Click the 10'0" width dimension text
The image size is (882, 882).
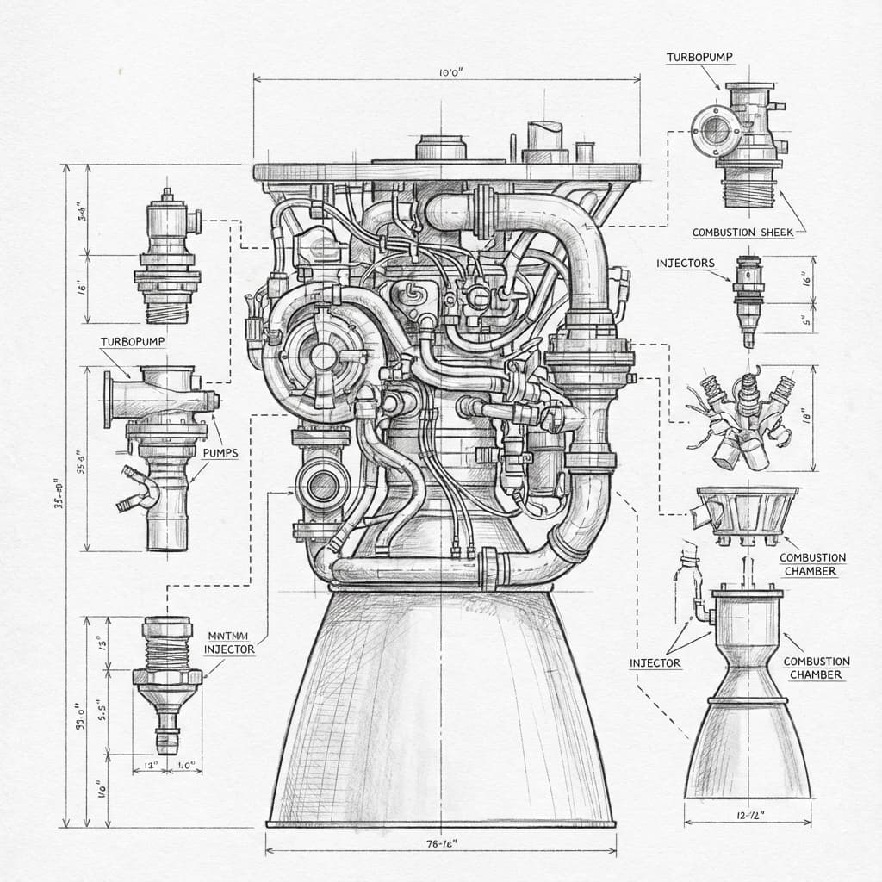451,74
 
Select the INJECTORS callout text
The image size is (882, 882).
685,263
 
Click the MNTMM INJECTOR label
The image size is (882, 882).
229,643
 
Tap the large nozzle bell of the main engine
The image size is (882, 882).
441,715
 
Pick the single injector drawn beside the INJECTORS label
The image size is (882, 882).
748,298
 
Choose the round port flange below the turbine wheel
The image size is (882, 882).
322,486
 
